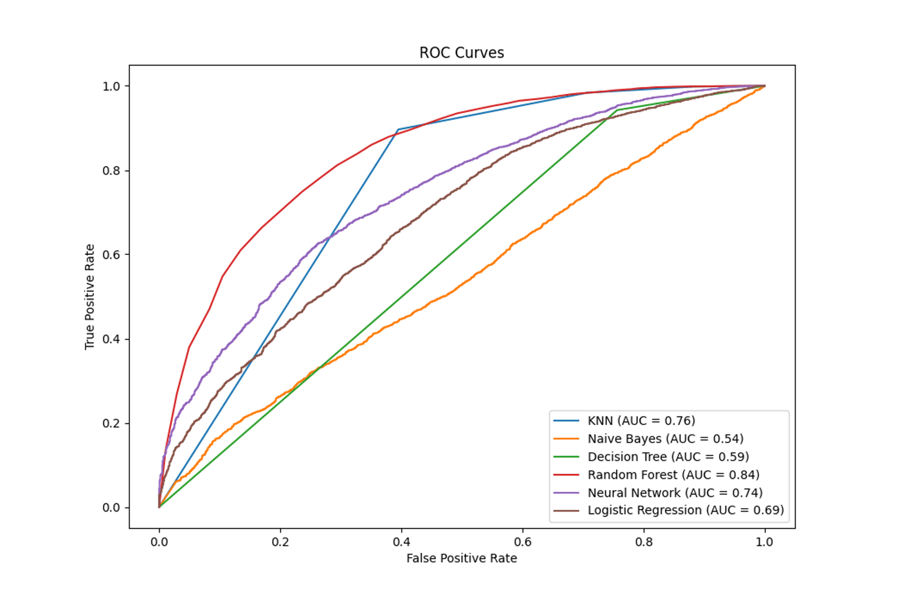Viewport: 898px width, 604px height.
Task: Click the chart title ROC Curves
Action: [461, 53]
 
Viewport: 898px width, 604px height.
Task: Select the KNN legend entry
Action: [641, 420]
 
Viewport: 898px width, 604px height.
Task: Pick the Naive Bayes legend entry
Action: [665, 439]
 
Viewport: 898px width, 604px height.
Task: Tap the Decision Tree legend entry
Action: [668, 457]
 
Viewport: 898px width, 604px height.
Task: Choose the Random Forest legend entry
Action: [673, 475]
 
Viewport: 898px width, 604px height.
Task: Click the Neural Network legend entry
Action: [675, 493]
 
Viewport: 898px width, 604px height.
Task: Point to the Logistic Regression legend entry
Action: [685, 510]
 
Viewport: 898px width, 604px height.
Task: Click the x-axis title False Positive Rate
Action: [461, 558]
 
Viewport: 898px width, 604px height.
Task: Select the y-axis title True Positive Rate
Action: [89, 297]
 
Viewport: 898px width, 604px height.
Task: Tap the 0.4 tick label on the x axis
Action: [402, 542]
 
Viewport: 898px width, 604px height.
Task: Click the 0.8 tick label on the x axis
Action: [644, 542]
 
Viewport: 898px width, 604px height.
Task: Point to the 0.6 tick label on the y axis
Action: [111, 255]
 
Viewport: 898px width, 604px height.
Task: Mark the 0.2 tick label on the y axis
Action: [111, 423]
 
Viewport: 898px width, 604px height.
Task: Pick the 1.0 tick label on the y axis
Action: [111, 87]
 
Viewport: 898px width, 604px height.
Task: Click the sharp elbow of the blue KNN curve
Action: [398, 130]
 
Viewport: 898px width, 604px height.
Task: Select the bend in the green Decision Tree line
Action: [617, 110]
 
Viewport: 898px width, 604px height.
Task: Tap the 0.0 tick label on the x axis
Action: [159, 542]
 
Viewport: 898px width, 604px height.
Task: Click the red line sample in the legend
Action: [566, 475]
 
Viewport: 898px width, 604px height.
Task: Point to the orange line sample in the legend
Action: [566, 439]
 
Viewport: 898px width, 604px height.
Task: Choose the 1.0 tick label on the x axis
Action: [764, 542]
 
